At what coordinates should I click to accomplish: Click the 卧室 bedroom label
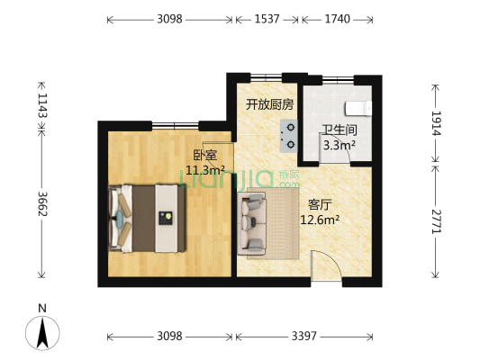click(x=204, y=155)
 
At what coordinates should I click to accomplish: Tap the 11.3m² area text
click(x=204, y=168)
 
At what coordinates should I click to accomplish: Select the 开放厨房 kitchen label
click(x=270, y=104)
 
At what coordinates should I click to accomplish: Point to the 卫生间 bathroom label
click(x=339, y=130)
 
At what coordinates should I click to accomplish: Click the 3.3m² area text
click(x=339, y=143)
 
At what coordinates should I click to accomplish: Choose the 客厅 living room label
click(x=320, y=204)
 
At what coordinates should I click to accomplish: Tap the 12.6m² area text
click(x=320, y=219)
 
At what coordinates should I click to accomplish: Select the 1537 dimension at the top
click(x=267, y=19)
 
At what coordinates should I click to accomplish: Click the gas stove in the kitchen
click(x=290, y=134)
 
